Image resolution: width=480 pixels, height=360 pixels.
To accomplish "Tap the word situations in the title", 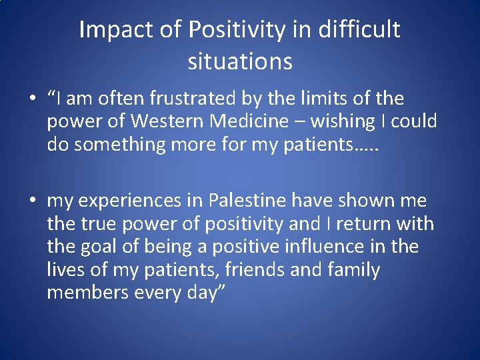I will (x=240, y=61).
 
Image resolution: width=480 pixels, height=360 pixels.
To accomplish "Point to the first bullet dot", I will (x=32, y=100).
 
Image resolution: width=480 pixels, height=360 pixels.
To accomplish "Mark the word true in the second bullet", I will (x=91, y=223).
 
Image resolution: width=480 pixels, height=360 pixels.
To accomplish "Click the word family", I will (x=355, y=270).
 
